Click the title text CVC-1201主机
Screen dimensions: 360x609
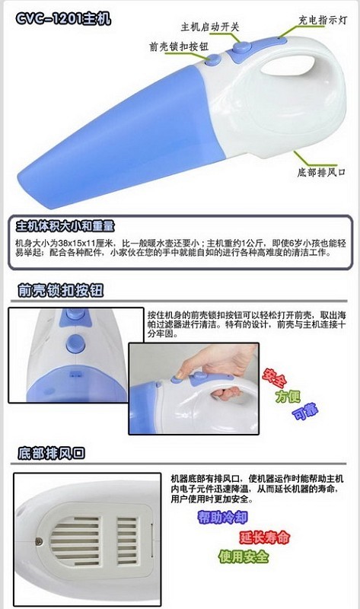tap(63, 18)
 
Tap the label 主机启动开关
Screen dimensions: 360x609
tap(210, 27)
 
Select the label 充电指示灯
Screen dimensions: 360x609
tap(323, 20)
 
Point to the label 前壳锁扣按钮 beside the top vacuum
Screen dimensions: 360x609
tap(179, 46)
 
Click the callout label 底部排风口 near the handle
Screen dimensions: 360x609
tap(321, 172)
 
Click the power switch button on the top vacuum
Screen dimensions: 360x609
tap(241, 47)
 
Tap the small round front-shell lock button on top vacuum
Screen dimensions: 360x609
tap(213, 59)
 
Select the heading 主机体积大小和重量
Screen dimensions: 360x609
tap(65, 226)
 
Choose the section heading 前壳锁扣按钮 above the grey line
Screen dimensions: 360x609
tap(61, 291)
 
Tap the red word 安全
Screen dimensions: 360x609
tap(275, 378)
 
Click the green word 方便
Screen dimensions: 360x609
tap(288, 396)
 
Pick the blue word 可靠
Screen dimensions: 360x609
tap(305, 412)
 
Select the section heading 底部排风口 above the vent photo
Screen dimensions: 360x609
tap(51, 453)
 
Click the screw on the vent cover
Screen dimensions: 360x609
tap(40, 540)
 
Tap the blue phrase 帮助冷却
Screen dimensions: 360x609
tap(222, 517)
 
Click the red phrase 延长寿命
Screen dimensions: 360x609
tap(264, 537)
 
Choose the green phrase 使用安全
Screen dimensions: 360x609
tap(244, 556)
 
